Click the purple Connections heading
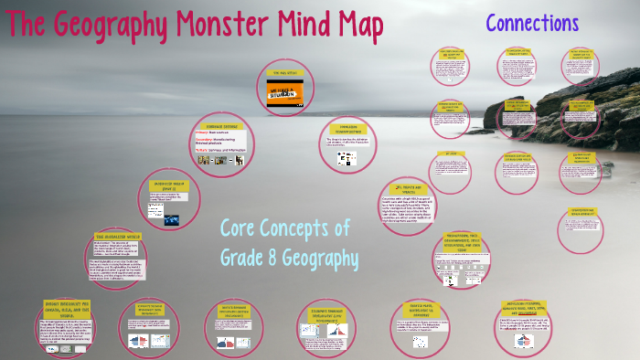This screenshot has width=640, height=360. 532,23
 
